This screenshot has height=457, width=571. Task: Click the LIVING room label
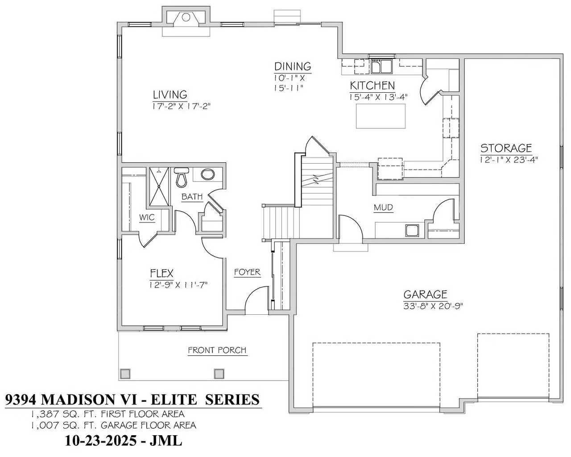[170, 95]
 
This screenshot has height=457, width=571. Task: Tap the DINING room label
[293, 66]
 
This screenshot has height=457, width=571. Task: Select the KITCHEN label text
[372, 86]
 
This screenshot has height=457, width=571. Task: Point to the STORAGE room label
[506, 148]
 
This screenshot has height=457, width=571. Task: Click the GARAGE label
[425, 294]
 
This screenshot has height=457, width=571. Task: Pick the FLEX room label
[161, 273]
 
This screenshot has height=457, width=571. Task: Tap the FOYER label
[247, 272]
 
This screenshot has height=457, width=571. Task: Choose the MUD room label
[383, 207]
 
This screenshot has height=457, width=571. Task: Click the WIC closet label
[147, 218]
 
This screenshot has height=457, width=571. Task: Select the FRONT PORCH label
[217, 350]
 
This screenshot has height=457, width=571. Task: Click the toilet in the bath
[182, 177]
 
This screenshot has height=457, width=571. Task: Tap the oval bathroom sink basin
[208, 174]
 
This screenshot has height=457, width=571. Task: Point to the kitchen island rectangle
[381, 116]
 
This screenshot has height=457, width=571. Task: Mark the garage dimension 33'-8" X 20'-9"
[433, 307]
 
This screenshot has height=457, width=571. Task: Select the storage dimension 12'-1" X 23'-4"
[509, 160]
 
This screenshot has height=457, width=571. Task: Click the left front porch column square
[125, 374]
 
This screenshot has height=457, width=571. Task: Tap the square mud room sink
[412, 230]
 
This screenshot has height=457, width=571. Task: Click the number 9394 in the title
[21, 399]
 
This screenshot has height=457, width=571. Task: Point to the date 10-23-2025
[101, 441]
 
